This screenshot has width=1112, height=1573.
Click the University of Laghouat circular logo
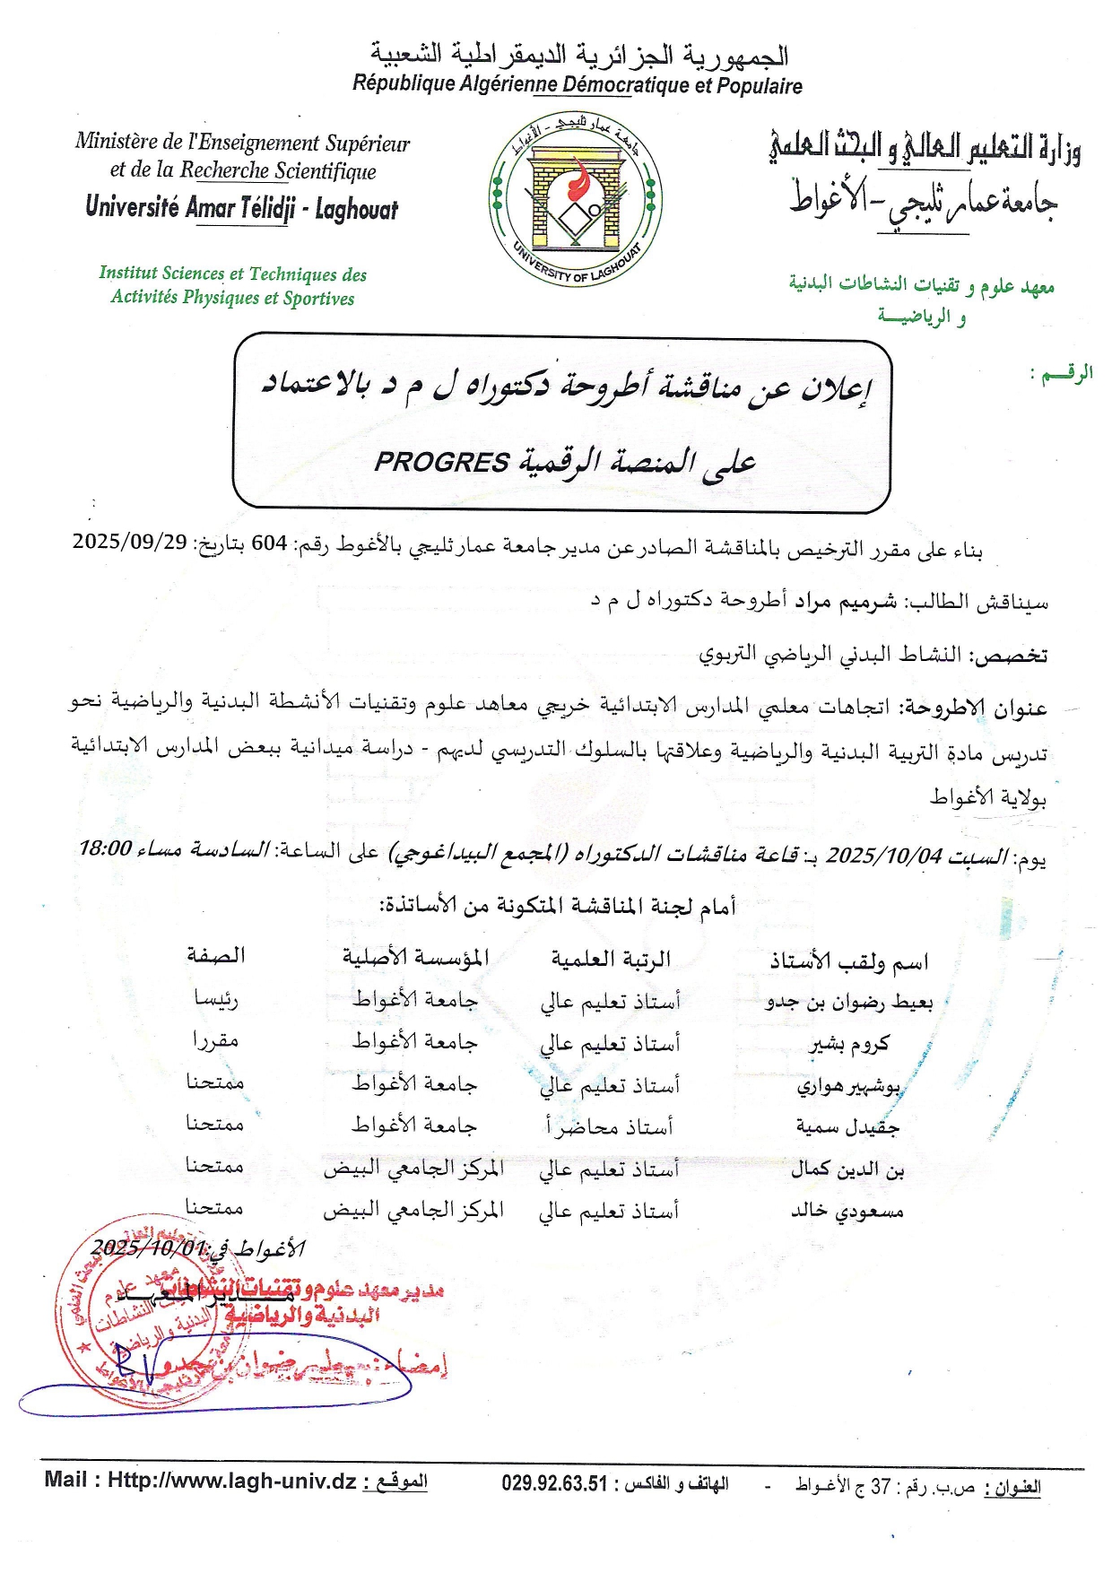tap(576, 199)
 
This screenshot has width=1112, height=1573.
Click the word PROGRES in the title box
tap(441, 463)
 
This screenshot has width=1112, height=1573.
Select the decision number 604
tap(269, 543)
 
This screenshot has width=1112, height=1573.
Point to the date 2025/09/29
tap(129, 543)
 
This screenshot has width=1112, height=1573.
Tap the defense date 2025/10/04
tap(883, 856)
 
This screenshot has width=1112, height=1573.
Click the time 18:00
tap(105, 848)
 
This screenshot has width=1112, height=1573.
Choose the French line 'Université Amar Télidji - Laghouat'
tap(242, 208)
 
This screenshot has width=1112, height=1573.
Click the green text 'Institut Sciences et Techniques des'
tap(233, 274)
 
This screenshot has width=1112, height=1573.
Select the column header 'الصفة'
tap(215, 956)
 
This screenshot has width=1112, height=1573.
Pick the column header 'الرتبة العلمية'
tap(611, 960)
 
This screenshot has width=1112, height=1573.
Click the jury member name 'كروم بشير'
tap(849, 1044)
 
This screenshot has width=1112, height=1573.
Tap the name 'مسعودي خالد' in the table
tap(847, 1212)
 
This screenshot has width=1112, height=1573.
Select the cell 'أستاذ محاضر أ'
tap(610, 1126)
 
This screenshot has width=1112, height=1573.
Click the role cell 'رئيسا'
tap(215, 998)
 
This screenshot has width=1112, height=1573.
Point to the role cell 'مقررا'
tap(215, 1040)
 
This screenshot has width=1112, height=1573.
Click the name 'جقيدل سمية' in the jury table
tap(847, 1127)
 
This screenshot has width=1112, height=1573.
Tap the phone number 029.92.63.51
tap(554, 1484)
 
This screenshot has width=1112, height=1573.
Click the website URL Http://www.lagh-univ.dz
tap(232, 1481)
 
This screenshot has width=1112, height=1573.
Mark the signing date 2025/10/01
tap(148, 1247)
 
